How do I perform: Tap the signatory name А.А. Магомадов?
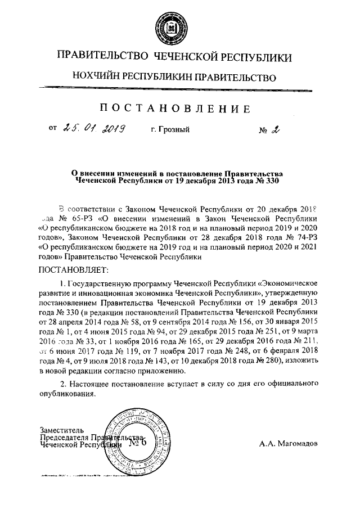(289, 443)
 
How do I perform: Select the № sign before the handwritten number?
(263, 130)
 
